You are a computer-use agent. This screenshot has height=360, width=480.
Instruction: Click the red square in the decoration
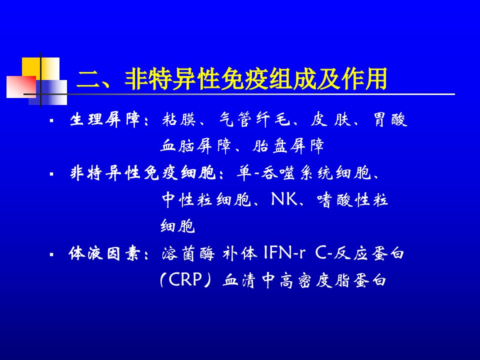point(21,87)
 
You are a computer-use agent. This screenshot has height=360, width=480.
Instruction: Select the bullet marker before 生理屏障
point(51,120)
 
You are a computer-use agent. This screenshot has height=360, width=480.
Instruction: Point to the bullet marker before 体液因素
point(51,254)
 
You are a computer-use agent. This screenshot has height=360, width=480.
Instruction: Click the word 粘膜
point(179,119)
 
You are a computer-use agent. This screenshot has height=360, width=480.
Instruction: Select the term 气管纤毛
point(254,119)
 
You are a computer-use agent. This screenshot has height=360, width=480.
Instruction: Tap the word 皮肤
point(330,119)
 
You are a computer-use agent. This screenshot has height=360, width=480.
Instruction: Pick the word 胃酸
point(390,119)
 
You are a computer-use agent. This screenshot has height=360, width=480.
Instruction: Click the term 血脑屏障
point(196,146)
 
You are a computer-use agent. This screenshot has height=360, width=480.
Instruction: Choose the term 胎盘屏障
point(288,146)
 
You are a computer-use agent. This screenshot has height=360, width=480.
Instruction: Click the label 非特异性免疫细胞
point(143,173)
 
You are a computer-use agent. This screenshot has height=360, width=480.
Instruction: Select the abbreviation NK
point(284,199)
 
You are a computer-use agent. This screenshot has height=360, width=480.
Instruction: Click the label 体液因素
point(104,254)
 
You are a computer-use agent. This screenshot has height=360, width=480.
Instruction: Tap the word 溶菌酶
point(188,254)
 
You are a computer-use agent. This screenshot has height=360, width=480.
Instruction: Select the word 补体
point(240,254)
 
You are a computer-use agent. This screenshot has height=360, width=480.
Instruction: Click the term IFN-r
point(284,253)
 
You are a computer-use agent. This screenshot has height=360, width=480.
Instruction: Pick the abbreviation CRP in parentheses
point(185,279)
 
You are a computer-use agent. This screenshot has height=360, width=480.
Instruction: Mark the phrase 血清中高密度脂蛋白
point(304,280)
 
